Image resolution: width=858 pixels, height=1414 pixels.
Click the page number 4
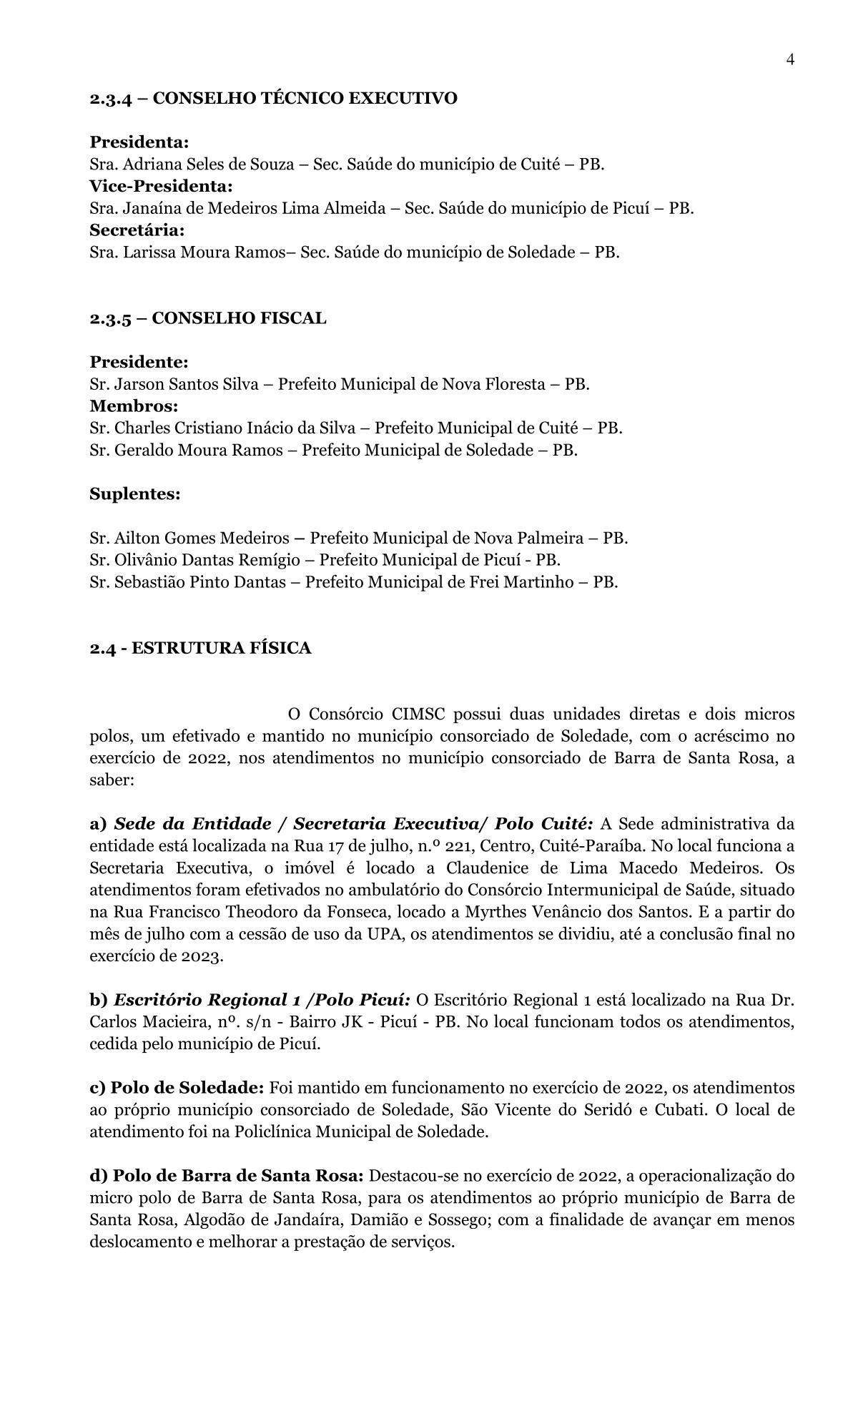(x=790, y=60)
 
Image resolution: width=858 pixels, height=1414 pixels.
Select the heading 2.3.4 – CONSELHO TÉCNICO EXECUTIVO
(x=273, y=98)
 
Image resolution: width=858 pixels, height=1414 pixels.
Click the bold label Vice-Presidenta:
(x=161, y=187)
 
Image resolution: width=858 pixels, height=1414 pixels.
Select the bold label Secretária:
(x=137, y=230)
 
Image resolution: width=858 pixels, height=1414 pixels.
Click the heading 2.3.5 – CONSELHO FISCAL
(x=207, y=318)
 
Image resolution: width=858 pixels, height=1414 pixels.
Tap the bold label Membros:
(x=134, y=406)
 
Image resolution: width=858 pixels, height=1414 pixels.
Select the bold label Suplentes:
(x=134, y=494)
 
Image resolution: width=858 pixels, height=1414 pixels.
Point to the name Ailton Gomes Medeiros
(x=202, y=538)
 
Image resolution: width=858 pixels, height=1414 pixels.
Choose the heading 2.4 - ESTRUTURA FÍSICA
(x=200, y=648)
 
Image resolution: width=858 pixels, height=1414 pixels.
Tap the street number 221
(x=458, y=847)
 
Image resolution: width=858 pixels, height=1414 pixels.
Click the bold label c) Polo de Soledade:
(x=177, y=1088)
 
